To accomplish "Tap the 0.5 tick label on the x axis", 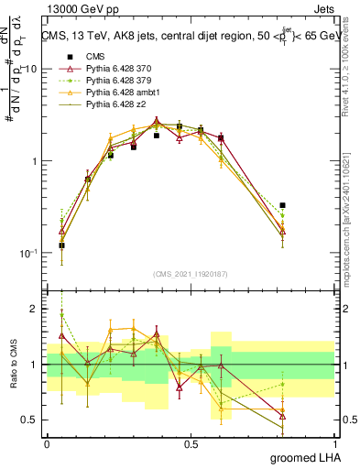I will click(x=191, y=443).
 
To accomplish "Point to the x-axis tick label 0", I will click(x=47, y=443).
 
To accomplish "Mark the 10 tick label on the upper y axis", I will click(x=30, y=70).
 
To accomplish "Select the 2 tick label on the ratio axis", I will click(x=35, y=310).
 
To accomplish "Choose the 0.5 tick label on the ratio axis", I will click(x=30, y=420).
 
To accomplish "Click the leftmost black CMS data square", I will click(x=61, y=245).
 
